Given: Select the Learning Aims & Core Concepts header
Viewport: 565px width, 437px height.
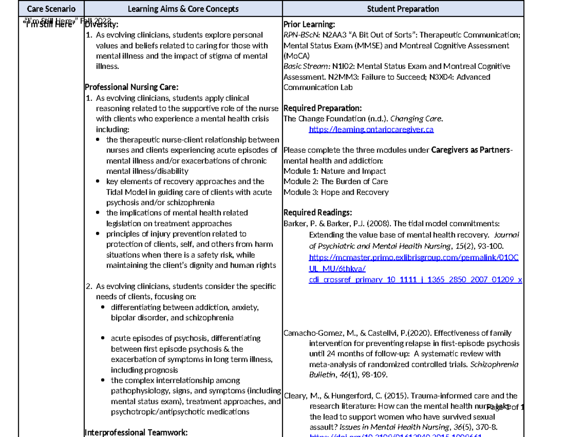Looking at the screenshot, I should pyautogui.click(x=183, y=9).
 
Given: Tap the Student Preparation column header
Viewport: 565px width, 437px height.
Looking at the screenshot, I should pyautogui.click(x=403, y=9).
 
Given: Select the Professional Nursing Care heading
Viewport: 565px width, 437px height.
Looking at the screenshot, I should pyautogui.click(x=131, y=87).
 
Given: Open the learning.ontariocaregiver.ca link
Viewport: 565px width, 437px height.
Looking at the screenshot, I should pyautogui.click(x=371, y=129).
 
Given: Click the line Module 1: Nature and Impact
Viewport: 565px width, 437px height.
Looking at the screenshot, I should pyautogui.click(x=334, y=171).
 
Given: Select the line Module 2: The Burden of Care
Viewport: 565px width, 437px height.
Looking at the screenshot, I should pyautogui.click(x=335, y=181).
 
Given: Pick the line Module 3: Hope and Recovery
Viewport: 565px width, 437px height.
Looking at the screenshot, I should pyautogui.click(x=336, y=192).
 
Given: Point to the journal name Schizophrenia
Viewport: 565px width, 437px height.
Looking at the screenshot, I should pyautogui.click(x=494, y=364).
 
